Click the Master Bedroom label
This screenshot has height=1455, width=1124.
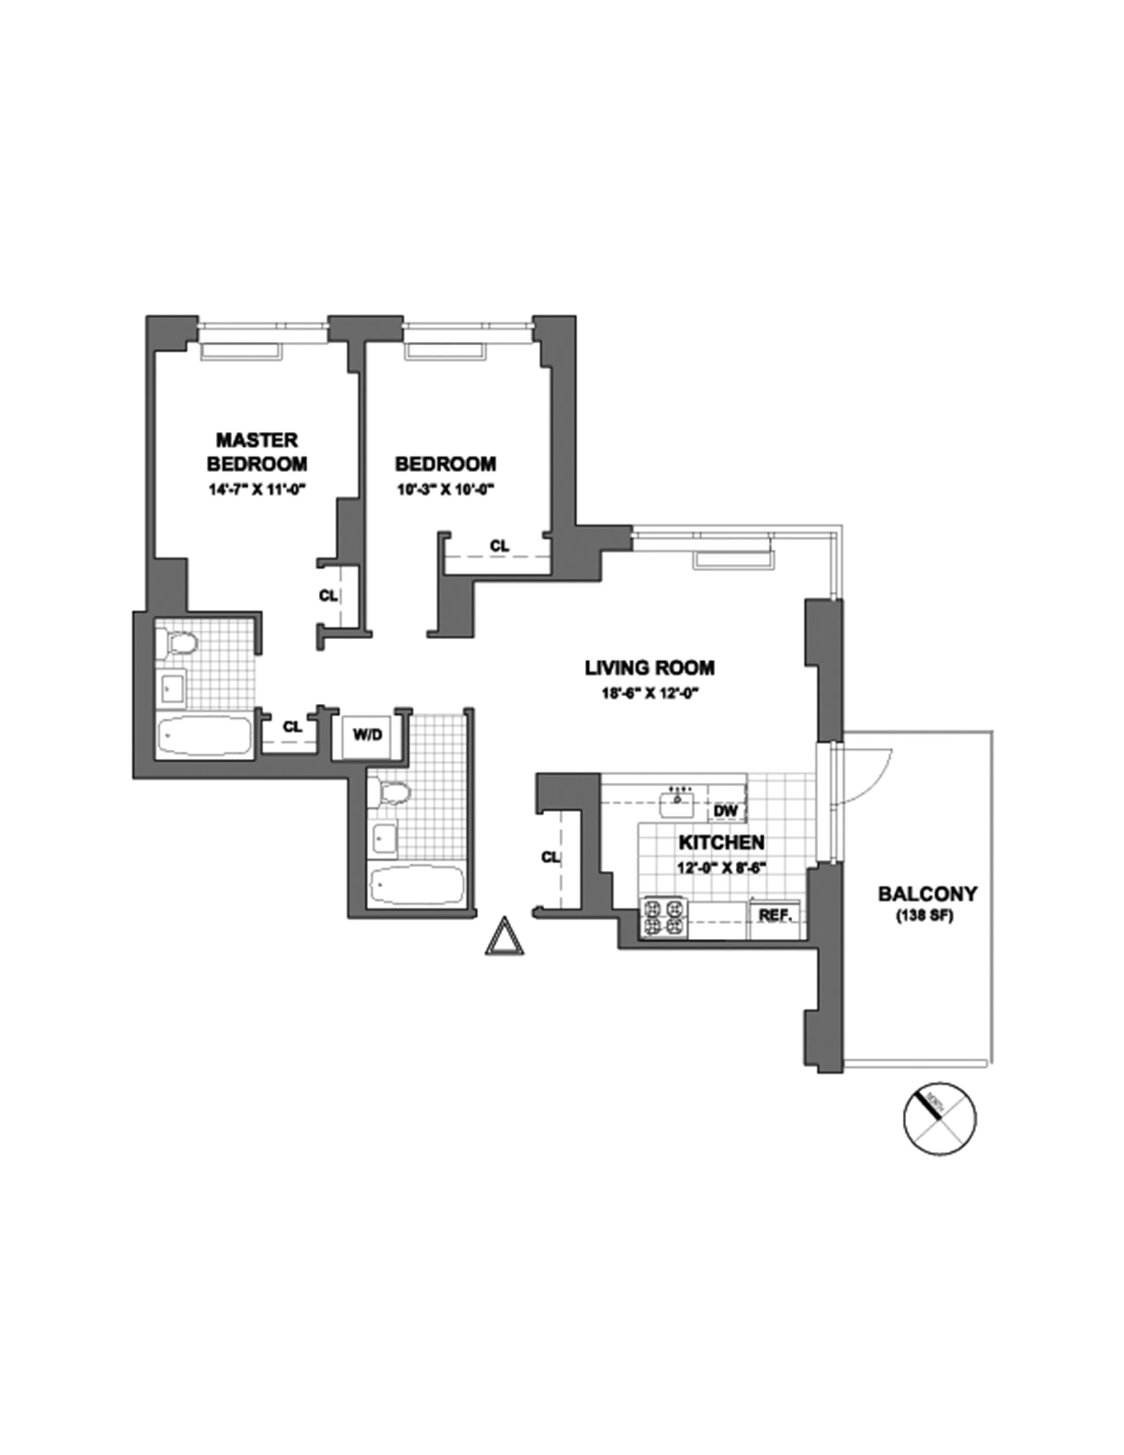[257, 451]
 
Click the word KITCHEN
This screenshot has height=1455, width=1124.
[721, 843]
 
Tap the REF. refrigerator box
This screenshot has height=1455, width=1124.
[775, 915]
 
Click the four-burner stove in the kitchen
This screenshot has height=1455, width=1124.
[663, 918]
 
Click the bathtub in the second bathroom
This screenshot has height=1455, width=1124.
[416, 884]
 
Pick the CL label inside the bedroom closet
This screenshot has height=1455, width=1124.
[499, 546]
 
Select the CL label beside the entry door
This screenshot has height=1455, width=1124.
[550, 858]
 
